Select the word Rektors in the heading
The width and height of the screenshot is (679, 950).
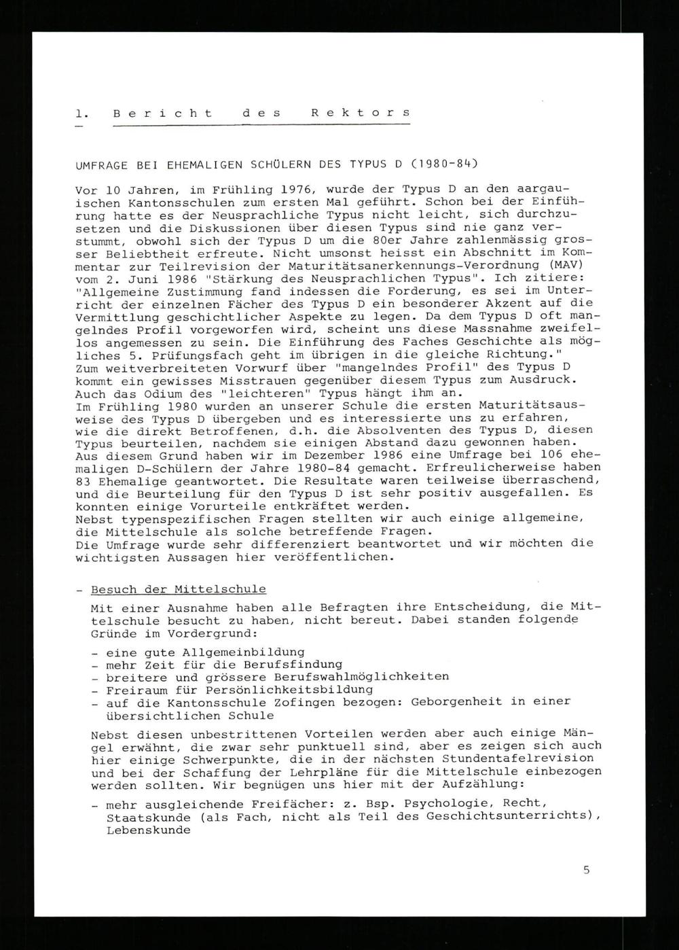pos(361,113)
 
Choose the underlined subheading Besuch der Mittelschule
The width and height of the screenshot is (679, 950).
pos(179,589)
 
